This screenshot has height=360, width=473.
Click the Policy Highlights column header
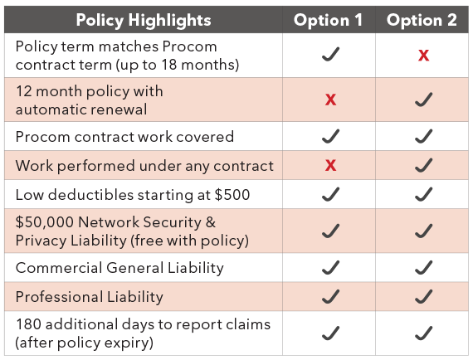(x=144, y=20)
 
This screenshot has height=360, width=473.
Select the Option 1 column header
(x=328, y=20)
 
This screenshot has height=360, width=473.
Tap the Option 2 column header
(x=422, y=20)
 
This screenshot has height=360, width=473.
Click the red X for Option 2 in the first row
(x=423, y=56)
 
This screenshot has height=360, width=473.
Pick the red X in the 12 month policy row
(x=330, y=100)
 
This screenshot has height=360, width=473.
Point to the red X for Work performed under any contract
(x=330, y=165)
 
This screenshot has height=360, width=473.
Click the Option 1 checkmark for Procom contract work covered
(x=330, y=136)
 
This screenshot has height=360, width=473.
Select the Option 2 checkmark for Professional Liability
(x=423, y=296)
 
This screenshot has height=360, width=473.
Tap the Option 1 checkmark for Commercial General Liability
(x=330, y=267)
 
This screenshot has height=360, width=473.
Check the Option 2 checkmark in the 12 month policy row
(x=423, y=100)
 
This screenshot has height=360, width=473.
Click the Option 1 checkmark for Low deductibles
(x=330, y=194)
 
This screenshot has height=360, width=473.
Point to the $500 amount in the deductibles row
(x=232, y=195)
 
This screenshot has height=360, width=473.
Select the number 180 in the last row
(x=29, y=324)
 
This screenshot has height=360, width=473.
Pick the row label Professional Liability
(x=90, y=297)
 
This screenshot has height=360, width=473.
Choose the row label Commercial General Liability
(x=119, y=268)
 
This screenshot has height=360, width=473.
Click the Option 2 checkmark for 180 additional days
(x=423, y=333)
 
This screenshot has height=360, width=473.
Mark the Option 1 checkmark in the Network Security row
(x=330, y=231)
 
